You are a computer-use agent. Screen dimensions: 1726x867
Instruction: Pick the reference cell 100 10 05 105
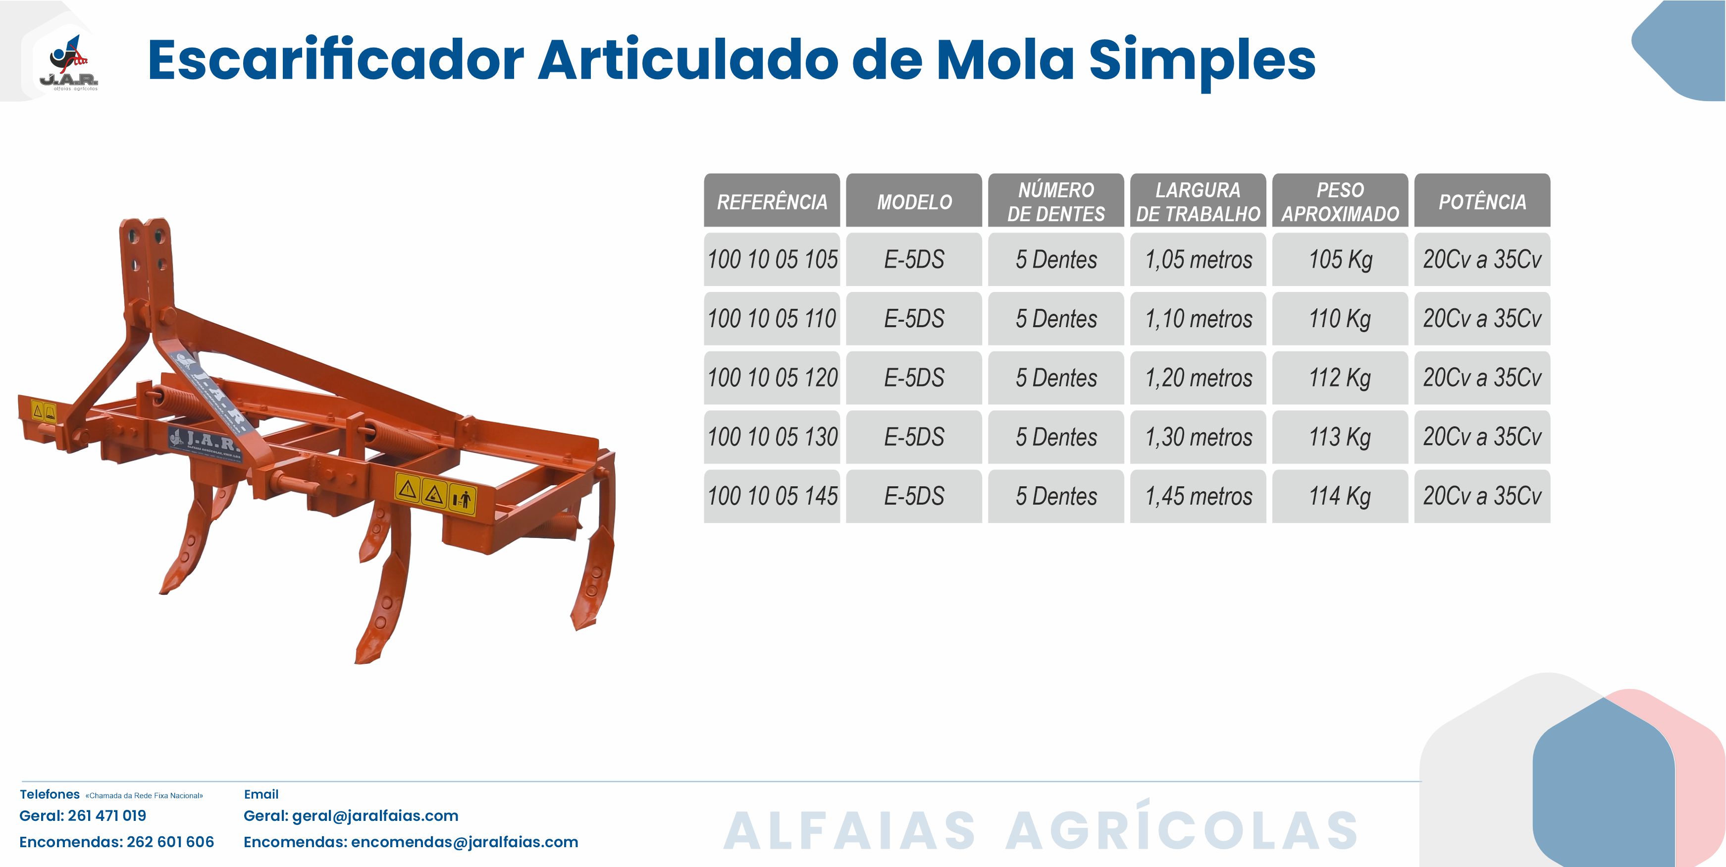tap(772, 259)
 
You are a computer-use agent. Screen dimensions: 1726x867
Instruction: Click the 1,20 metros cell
tap(1198, 378)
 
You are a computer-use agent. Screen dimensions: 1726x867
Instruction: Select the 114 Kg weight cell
tap(1340, 496)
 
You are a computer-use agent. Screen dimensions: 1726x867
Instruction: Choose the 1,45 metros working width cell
tap(1198, 496)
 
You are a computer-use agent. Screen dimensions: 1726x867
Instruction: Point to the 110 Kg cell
tap(1340, 319)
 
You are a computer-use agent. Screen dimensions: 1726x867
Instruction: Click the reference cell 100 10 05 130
tap(772, 437)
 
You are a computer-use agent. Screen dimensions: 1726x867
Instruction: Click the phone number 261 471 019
tap(107, 816)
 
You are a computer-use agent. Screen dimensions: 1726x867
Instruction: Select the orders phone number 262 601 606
tap(170, 842)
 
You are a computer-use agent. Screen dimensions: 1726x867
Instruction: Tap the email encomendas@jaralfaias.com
tap(465, 843)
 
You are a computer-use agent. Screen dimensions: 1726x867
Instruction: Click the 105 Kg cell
tap(1340, 259)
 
